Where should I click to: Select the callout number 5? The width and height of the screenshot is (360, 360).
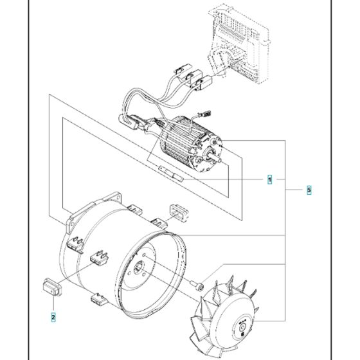(309, 190)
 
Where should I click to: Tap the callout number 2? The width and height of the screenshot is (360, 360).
(53, 316)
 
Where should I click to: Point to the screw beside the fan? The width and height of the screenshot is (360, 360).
(199, 283)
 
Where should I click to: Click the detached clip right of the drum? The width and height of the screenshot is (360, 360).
(177, 210)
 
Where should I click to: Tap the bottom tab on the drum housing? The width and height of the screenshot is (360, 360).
(98, 298)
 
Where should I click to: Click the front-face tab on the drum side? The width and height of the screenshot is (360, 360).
(98, 257)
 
